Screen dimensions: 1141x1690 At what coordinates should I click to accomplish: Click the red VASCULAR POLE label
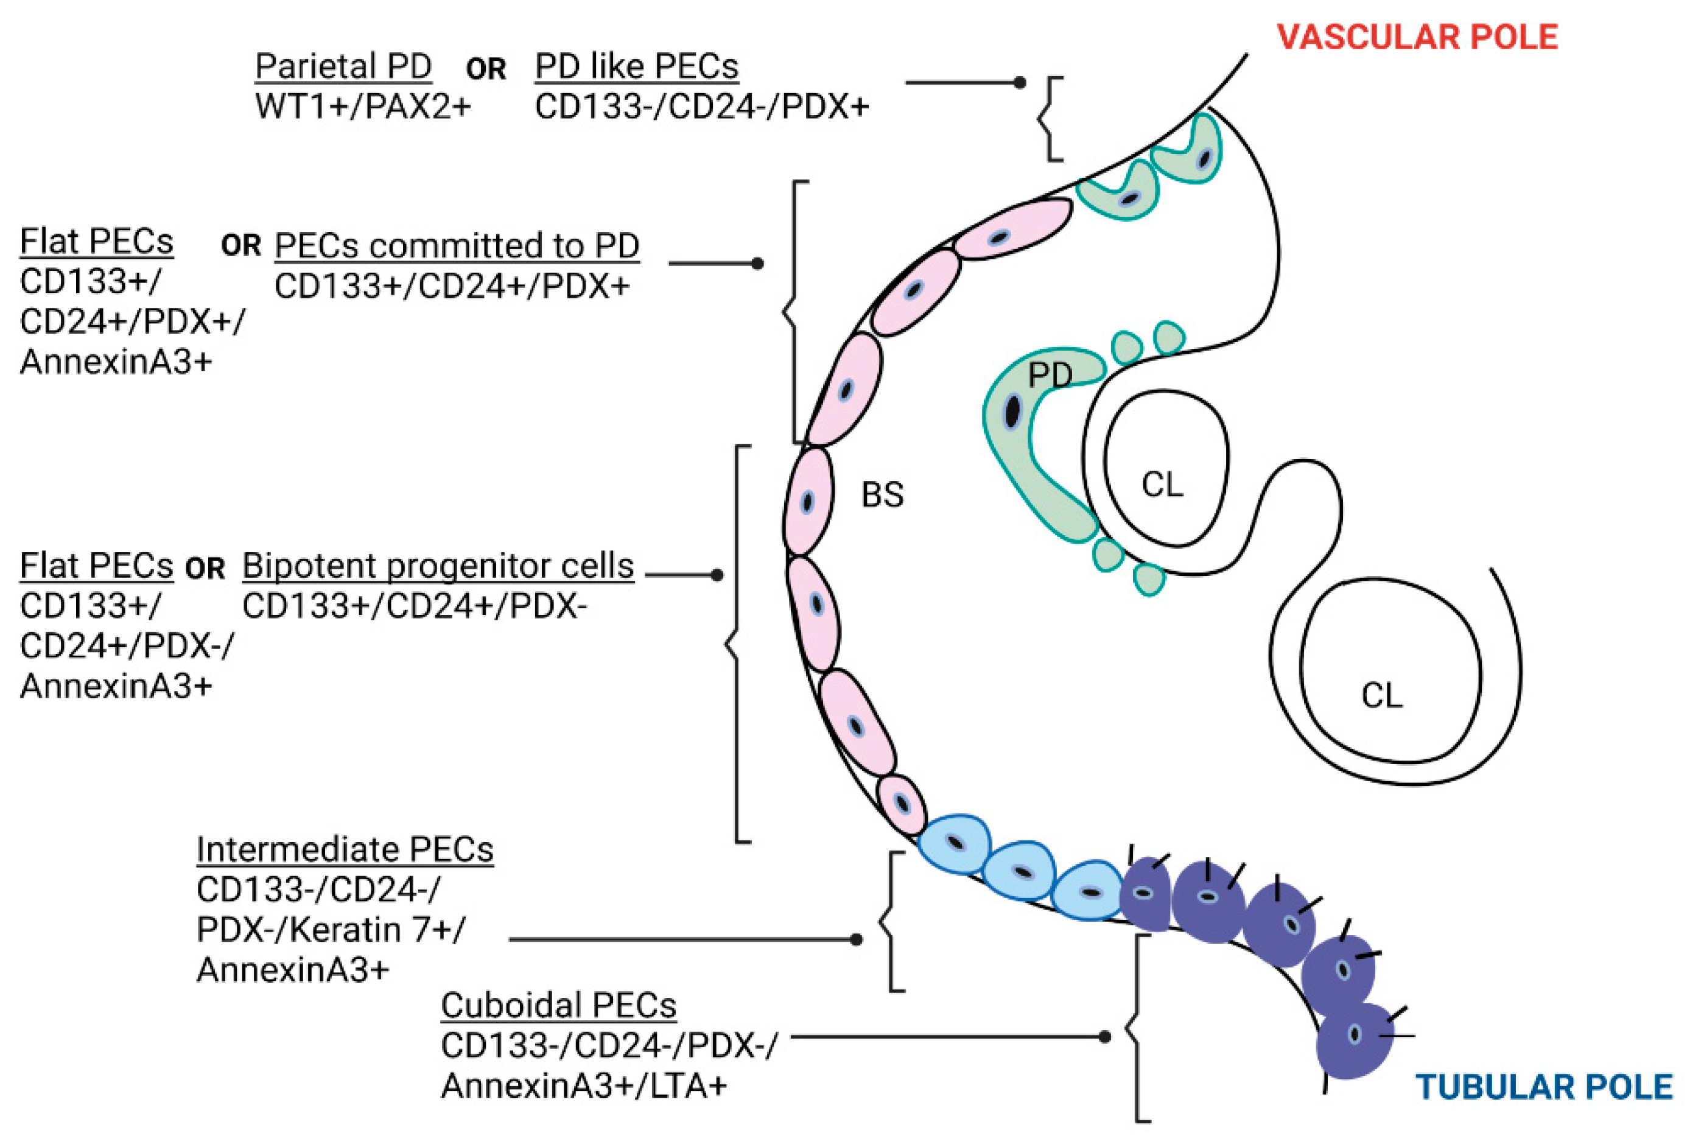1417,37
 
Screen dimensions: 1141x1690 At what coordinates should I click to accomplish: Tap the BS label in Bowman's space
882,494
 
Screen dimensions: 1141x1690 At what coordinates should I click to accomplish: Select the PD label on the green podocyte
1050,375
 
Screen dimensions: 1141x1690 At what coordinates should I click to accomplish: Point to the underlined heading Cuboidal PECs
558,1005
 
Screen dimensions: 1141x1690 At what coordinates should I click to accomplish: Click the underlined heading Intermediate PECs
345,849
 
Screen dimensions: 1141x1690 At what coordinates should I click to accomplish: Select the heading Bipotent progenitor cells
438,565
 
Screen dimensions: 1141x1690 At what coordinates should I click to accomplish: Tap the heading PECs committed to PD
457,245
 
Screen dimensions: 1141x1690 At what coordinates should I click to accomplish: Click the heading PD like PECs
636,66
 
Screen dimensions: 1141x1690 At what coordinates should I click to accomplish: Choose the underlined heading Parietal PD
343,66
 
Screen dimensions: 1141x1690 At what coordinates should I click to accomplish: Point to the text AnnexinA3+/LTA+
583,1086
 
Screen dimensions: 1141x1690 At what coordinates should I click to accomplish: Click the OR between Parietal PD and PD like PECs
486,69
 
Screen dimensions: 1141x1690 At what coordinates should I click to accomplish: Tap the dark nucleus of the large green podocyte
1012,412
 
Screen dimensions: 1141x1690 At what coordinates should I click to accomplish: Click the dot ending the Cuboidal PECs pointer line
1104,1037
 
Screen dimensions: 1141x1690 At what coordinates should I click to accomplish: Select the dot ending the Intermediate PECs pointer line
857,939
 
